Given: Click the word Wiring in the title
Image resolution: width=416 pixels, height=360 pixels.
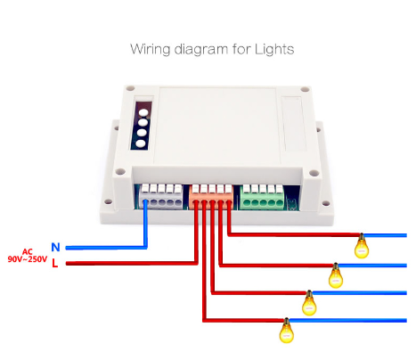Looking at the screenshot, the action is coord(150,50).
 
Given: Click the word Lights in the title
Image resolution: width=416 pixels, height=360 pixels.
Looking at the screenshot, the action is coord(274,49).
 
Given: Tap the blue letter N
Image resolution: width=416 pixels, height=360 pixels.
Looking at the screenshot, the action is coord(55,247).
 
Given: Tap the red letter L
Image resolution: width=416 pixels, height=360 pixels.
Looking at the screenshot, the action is coord(54,263).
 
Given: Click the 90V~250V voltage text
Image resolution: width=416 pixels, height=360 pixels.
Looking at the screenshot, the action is coord(28,259).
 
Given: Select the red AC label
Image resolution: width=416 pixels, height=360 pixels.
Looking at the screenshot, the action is coord(27,252).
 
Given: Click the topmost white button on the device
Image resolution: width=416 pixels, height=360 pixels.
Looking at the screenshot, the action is coord(143,112).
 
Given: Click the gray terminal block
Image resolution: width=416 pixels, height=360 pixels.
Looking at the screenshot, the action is coord(161,196).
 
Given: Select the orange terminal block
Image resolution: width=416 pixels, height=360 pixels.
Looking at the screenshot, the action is coord(211,197).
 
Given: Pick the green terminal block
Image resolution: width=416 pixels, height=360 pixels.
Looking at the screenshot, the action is coord(262,197).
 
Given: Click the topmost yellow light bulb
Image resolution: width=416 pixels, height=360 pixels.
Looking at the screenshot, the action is coord(362,246).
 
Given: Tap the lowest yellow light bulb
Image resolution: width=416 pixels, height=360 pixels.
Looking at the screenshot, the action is coord(286,331).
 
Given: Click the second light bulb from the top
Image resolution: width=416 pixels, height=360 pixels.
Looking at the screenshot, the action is coord(336,275).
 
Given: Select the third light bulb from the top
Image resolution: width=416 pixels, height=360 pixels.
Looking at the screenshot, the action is coord(309,303).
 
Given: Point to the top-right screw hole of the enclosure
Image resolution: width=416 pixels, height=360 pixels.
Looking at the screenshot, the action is coord(305,89).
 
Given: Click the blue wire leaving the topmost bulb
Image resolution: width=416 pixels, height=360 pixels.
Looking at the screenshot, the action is coord(385,235).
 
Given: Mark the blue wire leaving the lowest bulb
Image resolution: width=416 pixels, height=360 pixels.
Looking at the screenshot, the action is coord(347,320).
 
